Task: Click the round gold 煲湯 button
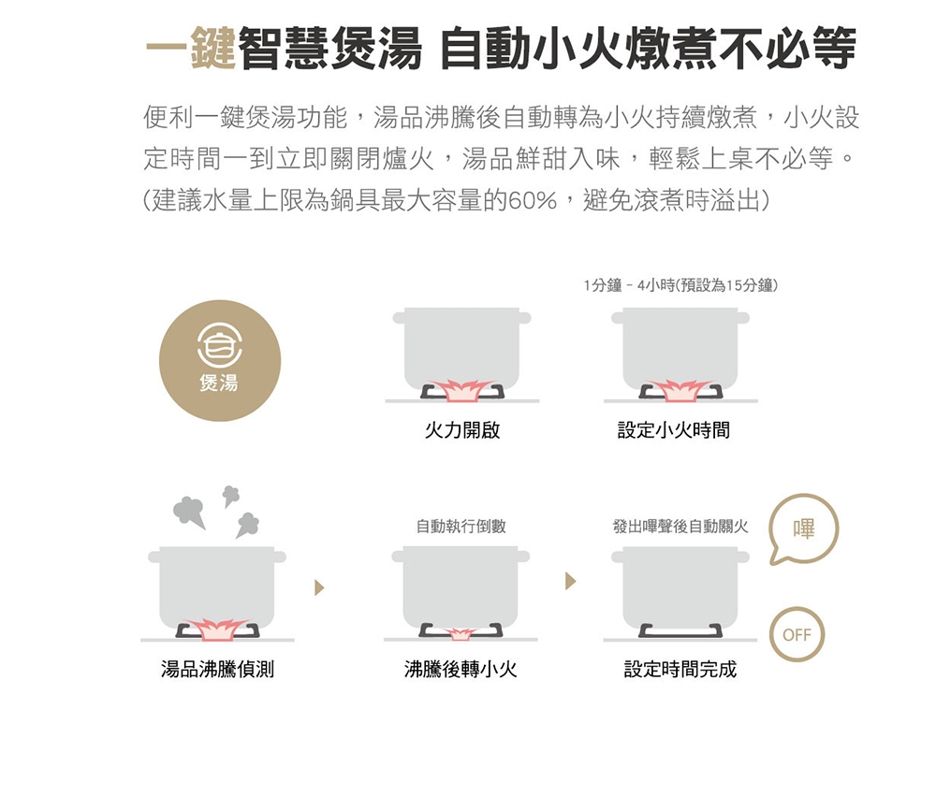click(x=220, y=360)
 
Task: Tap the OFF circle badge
click(x=797, y=634)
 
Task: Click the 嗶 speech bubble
click(x=803, y=528)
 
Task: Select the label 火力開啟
click(x=462, y=429)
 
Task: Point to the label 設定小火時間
click(x=673, y=429)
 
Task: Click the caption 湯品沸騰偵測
click(x=217, y=669)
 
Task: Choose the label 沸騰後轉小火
click(x=461, y=669)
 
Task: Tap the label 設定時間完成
click(x=680, y=669)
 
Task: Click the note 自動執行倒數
click(x=461, y=526)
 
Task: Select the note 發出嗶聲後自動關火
click(x=680, y=526)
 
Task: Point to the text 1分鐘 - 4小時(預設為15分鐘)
click(x=680, y=285)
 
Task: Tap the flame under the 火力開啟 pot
click(x=462, y=389)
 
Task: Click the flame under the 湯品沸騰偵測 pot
click(x=218, y=629)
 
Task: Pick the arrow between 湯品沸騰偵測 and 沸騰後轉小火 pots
click(x=319, y=587)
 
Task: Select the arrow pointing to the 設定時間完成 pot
click(x=571, y=581)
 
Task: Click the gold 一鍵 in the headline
click(x=191, y=48)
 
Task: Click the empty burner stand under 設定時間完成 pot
click(x=680, y=630)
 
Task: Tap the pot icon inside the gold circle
click(x=220, y=344)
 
